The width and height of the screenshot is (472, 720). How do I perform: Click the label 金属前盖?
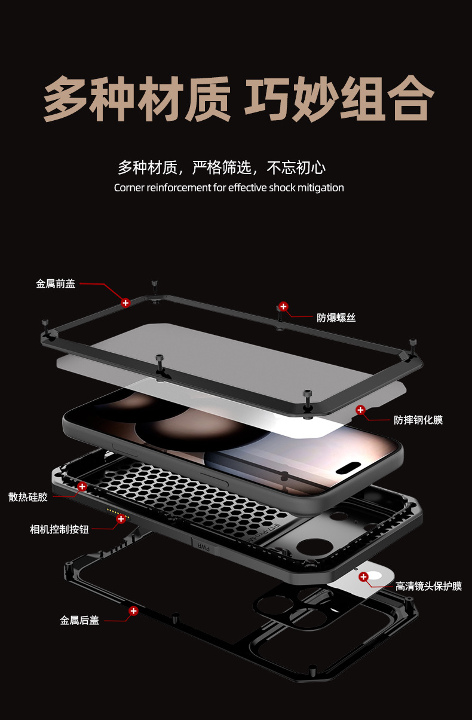[x=56, y=284]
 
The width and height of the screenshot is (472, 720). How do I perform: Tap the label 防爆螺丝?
[x=336, y=318]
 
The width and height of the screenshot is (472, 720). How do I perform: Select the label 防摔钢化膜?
[x=418, y=420]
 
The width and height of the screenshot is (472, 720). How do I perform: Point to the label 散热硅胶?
[x=28, y=497]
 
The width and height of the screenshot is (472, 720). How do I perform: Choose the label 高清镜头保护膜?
[x=428, y=586]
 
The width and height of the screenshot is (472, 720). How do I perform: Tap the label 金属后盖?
[x=79, y=620]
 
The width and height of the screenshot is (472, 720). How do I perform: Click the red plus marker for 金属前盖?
[x=125, y=303]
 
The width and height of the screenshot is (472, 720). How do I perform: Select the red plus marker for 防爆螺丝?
[x=284, y=306]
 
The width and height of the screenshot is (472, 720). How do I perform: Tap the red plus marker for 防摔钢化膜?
[x=360, y=410]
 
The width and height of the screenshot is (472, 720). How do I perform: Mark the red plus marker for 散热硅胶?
[x=82, y=487]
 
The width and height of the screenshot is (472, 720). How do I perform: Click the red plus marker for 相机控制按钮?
[x=121, y=518]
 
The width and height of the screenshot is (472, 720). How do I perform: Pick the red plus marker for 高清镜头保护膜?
[x=363, y=576]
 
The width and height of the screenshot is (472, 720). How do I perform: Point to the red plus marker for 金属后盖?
[x=134, y=611]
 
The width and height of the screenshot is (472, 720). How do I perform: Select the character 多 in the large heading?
[x=65, y=98]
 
